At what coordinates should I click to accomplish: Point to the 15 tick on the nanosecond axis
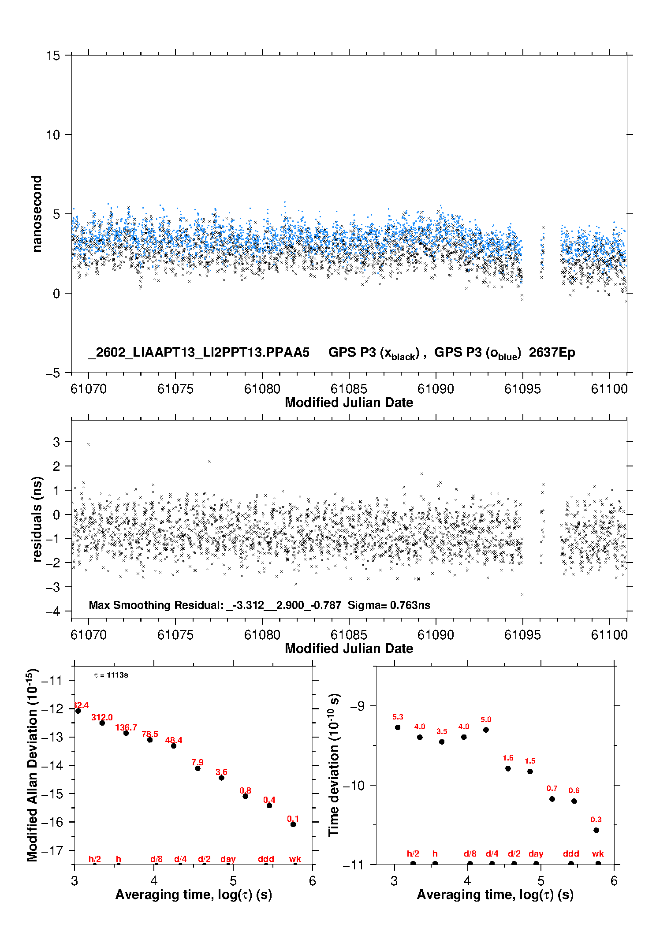tap(53, 56)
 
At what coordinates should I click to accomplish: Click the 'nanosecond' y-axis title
tap(37, 214)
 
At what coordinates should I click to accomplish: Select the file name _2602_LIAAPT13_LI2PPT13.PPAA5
tap(199, 353)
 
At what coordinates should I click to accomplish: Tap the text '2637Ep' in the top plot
tap(552, 353)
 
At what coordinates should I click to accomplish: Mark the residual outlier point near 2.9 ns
tap(89, 444)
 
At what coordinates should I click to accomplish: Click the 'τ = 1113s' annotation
tap(111, 675)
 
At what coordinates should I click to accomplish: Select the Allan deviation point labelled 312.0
tap(102, 723)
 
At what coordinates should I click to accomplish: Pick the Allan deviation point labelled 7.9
tap(198, 768)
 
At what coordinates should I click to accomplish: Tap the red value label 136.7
tap(126, 728)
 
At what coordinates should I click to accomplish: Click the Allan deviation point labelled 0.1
tap(293, 824)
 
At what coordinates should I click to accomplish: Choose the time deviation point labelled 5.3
tap(398, 727)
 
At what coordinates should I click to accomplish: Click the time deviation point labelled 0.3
tap(596, 830)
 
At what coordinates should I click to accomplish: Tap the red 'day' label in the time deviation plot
tap(536, 854)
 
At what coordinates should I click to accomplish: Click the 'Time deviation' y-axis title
tap(334, 765)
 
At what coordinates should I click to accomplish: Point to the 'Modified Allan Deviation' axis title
tap(33, 765)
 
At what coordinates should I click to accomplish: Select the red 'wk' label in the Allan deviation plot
tap(295, 859)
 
